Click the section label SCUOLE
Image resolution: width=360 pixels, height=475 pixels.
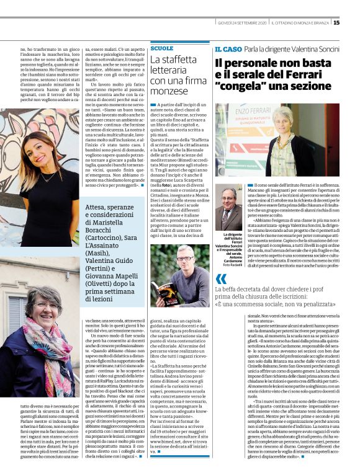tap(162, 48)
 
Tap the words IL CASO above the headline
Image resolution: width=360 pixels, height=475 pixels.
tap(228, 48)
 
